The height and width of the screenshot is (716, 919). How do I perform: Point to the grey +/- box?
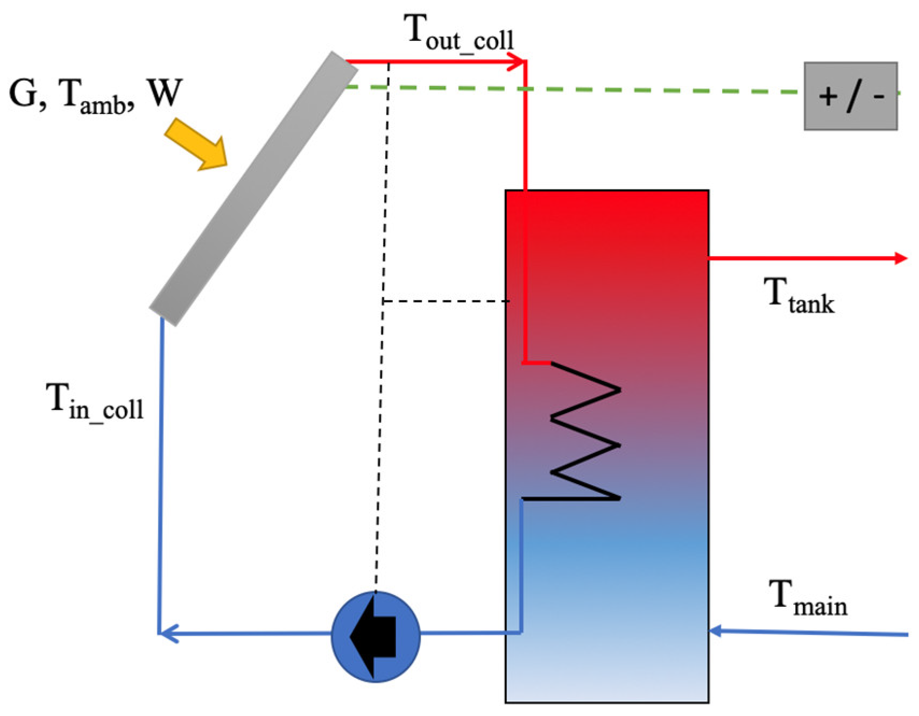[850, 96]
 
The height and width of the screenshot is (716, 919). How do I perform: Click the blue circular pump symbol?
[375, 637]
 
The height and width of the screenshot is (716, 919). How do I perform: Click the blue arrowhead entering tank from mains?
[716, 631]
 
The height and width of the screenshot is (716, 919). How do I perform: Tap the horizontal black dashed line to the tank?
[447, 302]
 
